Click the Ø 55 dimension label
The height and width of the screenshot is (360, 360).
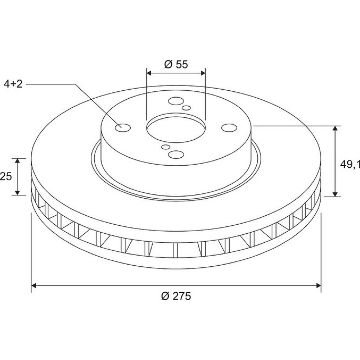coord(176,64)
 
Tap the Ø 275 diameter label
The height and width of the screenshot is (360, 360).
coord(176,296)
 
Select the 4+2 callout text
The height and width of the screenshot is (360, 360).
coord(13,84)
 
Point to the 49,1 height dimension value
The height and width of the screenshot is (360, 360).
coord(350,164)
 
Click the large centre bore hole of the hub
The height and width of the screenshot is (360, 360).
coord(176,129)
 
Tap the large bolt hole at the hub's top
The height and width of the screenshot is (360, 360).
coord(176,101)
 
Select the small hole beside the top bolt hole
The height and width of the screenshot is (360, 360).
coord(186,108)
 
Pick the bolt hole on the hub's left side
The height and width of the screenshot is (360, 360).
coord(123,128)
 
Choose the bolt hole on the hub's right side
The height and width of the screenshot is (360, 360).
coord(229,128)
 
